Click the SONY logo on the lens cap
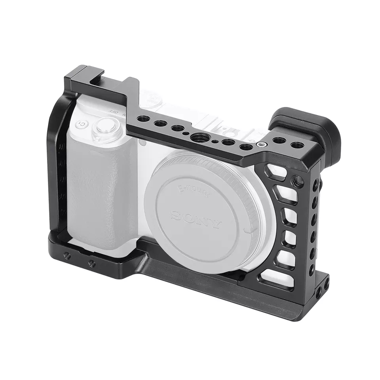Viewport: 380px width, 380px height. point(196,220)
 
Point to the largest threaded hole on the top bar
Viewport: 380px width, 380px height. point(197,137)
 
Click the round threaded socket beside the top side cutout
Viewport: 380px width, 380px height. point(298,181)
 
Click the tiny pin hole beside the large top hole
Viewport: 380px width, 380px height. point(213,140)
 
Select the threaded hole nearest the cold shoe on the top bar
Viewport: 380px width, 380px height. point(142,118)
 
